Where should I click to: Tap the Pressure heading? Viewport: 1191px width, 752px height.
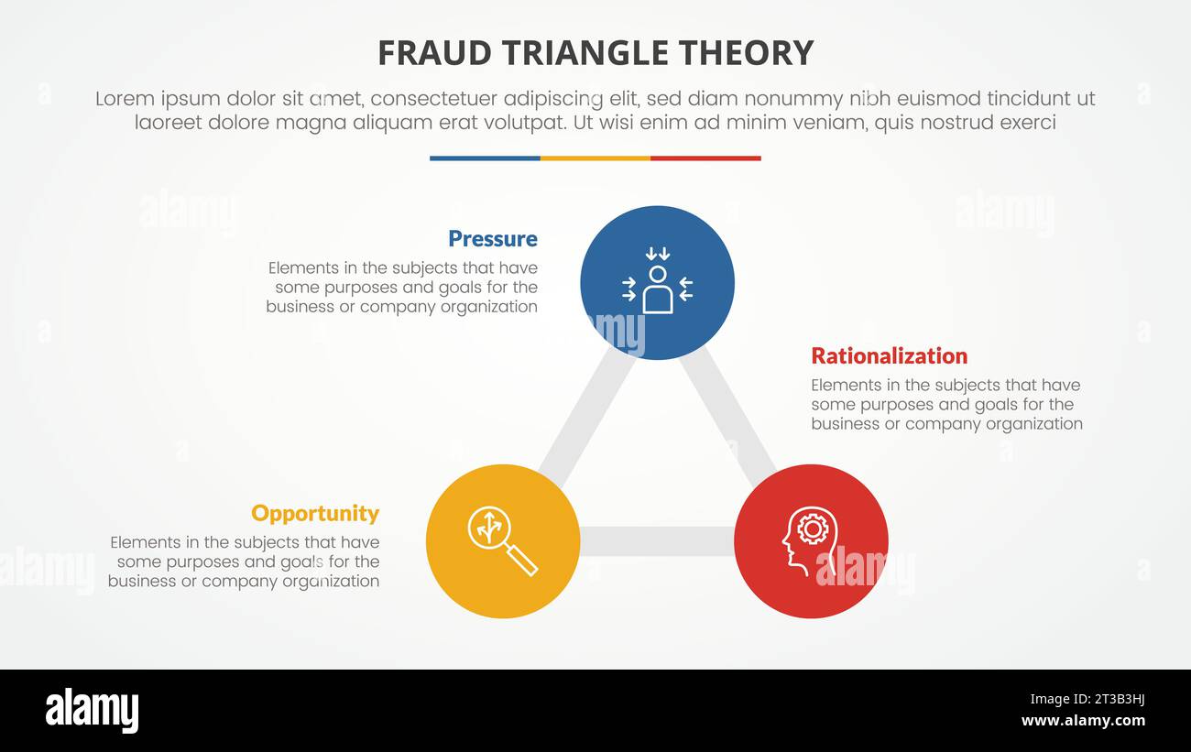pos(492,239)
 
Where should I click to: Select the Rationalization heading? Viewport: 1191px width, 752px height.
pos(889,356)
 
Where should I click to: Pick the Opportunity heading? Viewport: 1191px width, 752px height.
pos(314,513)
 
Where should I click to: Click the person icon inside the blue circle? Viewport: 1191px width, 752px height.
pos(657,289)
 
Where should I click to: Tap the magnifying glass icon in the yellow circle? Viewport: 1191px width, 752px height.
pos(502,540)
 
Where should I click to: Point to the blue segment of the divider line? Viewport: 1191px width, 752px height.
pos(485,158)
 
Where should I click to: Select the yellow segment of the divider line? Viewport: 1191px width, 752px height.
pos(595,158)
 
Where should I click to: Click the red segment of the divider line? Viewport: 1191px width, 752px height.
pos(705,158)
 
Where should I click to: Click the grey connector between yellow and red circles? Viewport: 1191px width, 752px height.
pos(656,541)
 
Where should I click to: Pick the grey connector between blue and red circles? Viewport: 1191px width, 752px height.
pos(729,417)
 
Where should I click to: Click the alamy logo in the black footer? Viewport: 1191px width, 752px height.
pos(92,711)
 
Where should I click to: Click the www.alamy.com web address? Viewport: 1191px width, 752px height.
pos(1083,722)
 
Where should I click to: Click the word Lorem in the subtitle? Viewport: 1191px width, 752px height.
pos(125,99)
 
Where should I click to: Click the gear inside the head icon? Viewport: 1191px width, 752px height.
pos(812,528)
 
